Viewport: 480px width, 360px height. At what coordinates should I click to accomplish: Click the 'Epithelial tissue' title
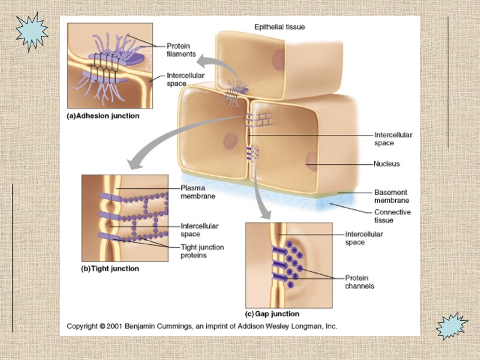point(280,27)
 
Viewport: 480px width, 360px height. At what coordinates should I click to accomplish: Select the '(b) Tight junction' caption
point(110,269)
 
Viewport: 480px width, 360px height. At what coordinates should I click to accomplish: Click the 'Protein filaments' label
point(181,49)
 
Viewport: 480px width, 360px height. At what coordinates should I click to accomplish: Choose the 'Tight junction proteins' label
point(202,251)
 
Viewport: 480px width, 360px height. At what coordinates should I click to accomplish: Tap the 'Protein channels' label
point(359,281)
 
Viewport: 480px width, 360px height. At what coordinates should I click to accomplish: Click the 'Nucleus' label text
point(386,163)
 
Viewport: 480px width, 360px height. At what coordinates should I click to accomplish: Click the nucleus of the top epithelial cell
point(277,58)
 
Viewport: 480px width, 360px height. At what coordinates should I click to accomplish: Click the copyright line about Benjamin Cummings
point(202,326)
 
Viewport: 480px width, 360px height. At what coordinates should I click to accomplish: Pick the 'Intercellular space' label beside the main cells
point(393,139)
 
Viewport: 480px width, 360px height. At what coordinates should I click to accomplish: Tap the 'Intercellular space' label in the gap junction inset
point(364,238)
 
